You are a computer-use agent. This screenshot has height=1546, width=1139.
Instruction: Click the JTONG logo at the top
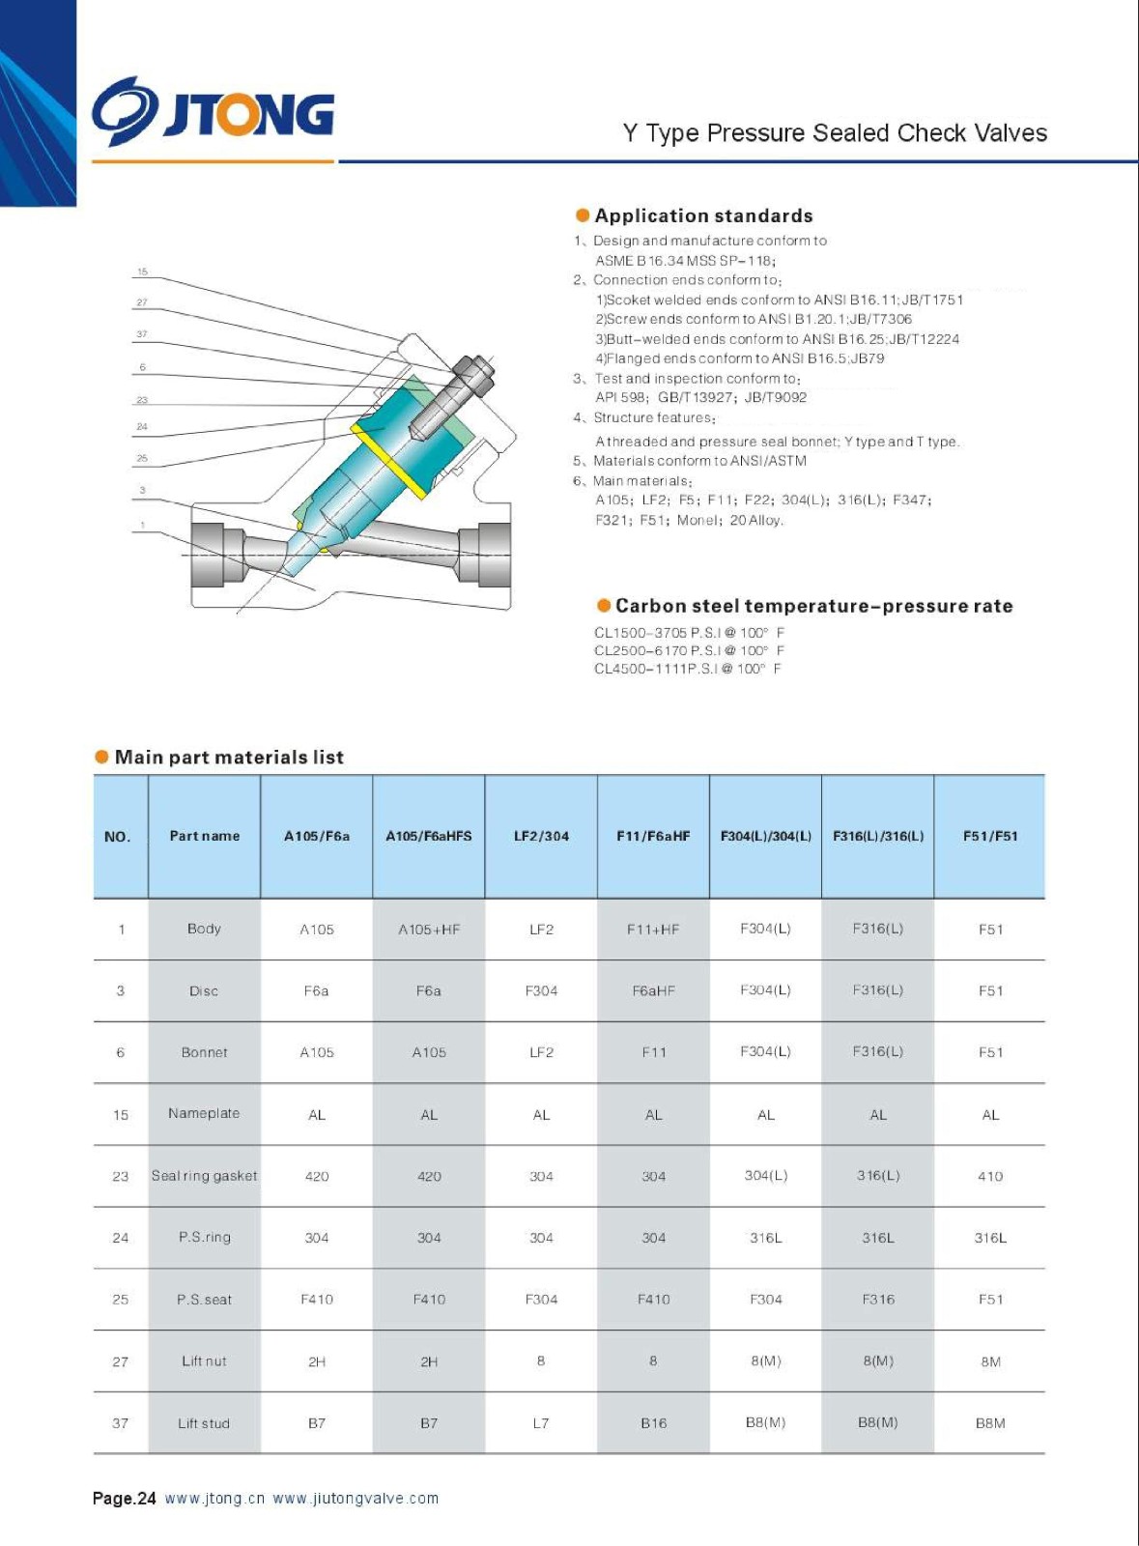click(214, 112)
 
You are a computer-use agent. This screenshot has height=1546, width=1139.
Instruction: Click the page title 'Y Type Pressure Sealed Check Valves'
click(835, 133)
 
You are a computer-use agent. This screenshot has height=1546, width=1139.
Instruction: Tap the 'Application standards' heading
click(703, 215)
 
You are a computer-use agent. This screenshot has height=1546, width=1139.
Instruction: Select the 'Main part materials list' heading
click(229, 757)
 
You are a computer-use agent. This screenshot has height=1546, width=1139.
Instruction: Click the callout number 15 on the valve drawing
click(143, 272)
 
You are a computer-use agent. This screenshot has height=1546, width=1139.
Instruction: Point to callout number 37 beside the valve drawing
click(142, 334)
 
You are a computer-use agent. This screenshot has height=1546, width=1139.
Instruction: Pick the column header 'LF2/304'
click(541, 836)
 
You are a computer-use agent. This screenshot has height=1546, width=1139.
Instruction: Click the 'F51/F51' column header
click(990, 836)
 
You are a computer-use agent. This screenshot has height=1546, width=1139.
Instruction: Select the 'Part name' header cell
click(204, 836)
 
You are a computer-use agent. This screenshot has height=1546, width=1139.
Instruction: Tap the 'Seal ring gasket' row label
click(204, 1176)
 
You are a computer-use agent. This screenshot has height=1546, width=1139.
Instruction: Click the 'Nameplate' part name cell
click(204, 1113)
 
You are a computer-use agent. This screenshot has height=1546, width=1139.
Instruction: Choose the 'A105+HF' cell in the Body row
click(429, 930)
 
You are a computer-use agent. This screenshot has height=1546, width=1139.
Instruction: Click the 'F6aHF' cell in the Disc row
click(654, 990)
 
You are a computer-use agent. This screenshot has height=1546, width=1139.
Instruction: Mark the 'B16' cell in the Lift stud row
click(654, 1423)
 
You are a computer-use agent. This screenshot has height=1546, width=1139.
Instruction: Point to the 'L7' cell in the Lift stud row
click(541, 1423)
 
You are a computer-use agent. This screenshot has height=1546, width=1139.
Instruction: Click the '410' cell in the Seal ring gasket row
click(990, 1176)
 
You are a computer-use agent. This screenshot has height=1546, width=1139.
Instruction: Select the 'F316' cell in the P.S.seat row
click(878, 1300)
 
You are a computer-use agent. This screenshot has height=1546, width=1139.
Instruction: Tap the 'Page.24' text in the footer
click(125, 1499)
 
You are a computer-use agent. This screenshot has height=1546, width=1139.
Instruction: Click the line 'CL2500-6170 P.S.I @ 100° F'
click(689, 650)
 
